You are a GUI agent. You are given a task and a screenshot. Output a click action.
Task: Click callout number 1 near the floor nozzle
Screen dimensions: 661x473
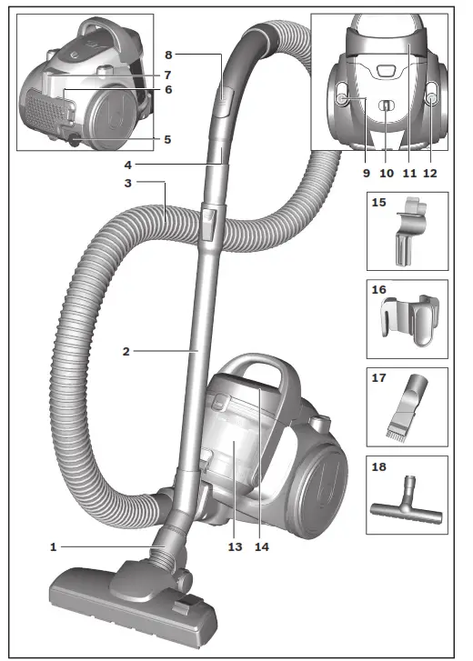coord(55,546)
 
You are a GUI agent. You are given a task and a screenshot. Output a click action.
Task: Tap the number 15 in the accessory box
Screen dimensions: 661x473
coord(379,205)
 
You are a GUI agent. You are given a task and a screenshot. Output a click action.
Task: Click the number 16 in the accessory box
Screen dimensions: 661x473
coord(379,292)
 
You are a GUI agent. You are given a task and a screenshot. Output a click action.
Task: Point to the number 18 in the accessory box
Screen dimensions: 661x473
coord(379,466)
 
